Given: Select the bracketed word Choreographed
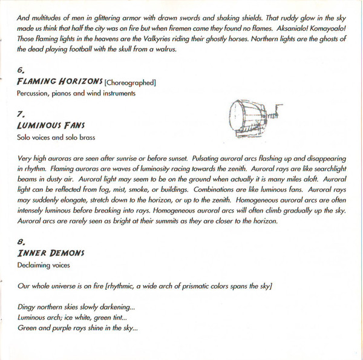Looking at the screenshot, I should click(131, 82).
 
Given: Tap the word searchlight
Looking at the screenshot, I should click(314, 169).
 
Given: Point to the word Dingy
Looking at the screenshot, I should click(28, 307).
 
